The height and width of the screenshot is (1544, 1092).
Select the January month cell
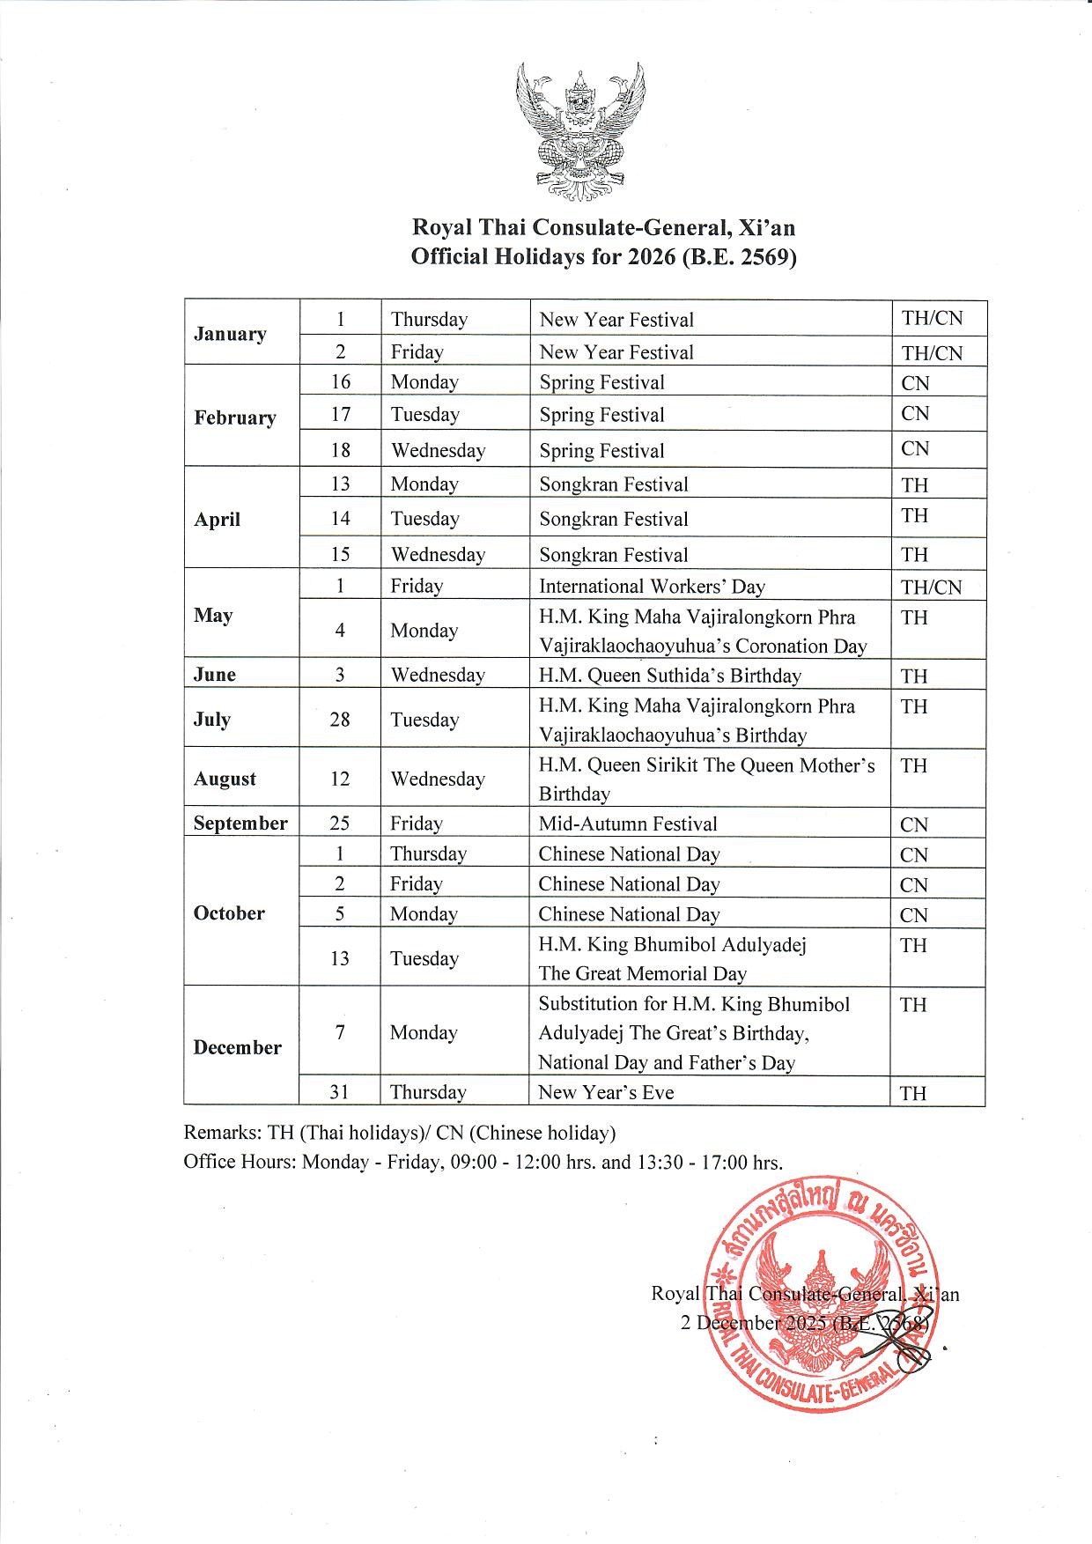[230, 334]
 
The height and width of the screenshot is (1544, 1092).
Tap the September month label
[240, 824]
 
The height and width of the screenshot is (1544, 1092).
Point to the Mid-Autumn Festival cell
[628, 824]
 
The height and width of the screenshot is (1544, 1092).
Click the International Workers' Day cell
[652, 587]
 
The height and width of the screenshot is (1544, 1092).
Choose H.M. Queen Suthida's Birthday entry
[669, 676]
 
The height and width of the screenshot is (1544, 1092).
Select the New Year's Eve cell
[606, 1092]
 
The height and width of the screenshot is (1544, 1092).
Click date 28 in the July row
[339, 720]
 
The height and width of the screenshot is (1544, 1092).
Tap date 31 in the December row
[339, 1092]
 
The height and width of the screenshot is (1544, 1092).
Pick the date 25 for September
[339, 824]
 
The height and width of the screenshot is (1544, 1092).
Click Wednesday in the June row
[438, 676]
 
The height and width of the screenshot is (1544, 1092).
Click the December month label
[238, 1047]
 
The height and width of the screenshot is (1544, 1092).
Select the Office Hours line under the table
[483, 1162]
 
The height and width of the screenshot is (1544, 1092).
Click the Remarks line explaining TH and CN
[399, 1132]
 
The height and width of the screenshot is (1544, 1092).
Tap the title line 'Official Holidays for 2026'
[603, 257]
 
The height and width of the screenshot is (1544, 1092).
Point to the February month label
[235, 417]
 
